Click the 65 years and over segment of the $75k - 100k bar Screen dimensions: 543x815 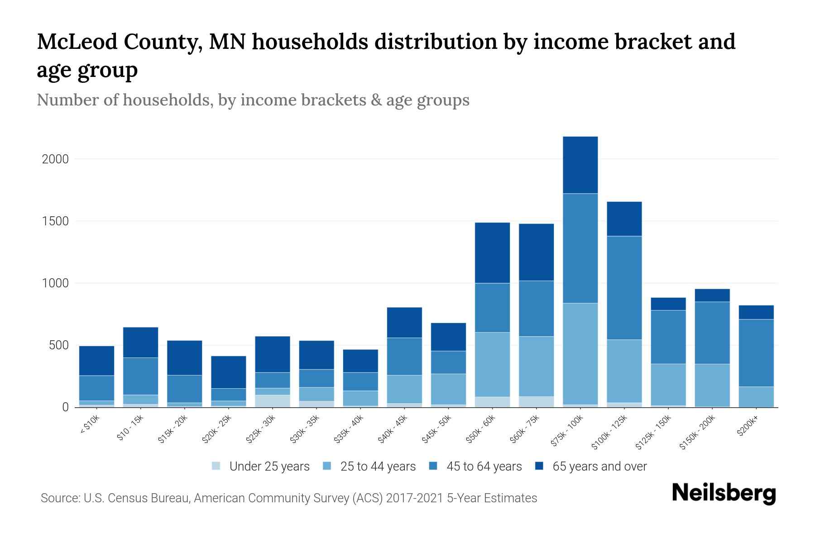[x=580, y=165]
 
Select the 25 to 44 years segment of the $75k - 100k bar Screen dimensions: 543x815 [x=580, y=353]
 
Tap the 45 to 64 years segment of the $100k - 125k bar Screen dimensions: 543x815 [x=624, y=287]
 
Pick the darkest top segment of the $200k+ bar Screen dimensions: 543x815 [x=756, y=312]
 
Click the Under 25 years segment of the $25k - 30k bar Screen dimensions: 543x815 [x=273, y=401]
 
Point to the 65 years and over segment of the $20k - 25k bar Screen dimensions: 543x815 [x=229, y=372]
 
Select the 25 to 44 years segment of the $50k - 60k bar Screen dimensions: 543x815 [x=492, y=364]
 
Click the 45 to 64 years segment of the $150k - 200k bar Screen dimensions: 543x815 [x=712, y=333]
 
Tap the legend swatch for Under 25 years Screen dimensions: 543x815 [x=216, y=466]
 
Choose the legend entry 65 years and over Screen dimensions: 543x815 [x=599, y=467]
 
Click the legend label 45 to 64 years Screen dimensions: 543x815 [x=484, y=467]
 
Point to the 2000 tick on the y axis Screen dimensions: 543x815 [x=55, y=159]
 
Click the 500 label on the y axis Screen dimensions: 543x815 [x=59, y=346]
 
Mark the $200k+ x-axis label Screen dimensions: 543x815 [x=747, y=427]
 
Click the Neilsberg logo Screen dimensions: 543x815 [x=724, y=494]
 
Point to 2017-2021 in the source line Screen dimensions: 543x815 [x=414, y=498]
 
